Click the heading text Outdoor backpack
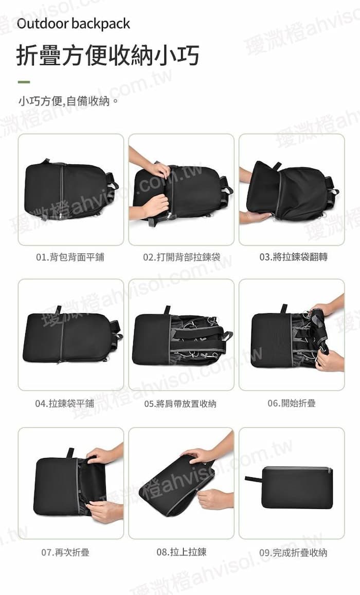coord(73,24)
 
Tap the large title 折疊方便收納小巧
coord(107,56)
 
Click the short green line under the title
coord(24,82)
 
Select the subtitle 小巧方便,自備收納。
coord(68,101)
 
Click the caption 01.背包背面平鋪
coord(70,257)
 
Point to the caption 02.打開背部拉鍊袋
coord(182,257)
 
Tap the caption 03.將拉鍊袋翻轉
coord(293,257)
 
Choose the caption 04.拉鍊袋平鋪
coord(65,403)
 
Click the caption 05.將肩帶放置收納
coord(180,404)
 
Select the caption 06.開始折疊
coord(292,403)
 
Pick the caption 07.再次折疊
coord(65,552)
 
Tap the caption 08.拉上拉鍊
coord(182,552)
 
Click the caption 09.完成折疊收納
coord(293,552)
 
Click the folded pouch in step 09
coord(297,488)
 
